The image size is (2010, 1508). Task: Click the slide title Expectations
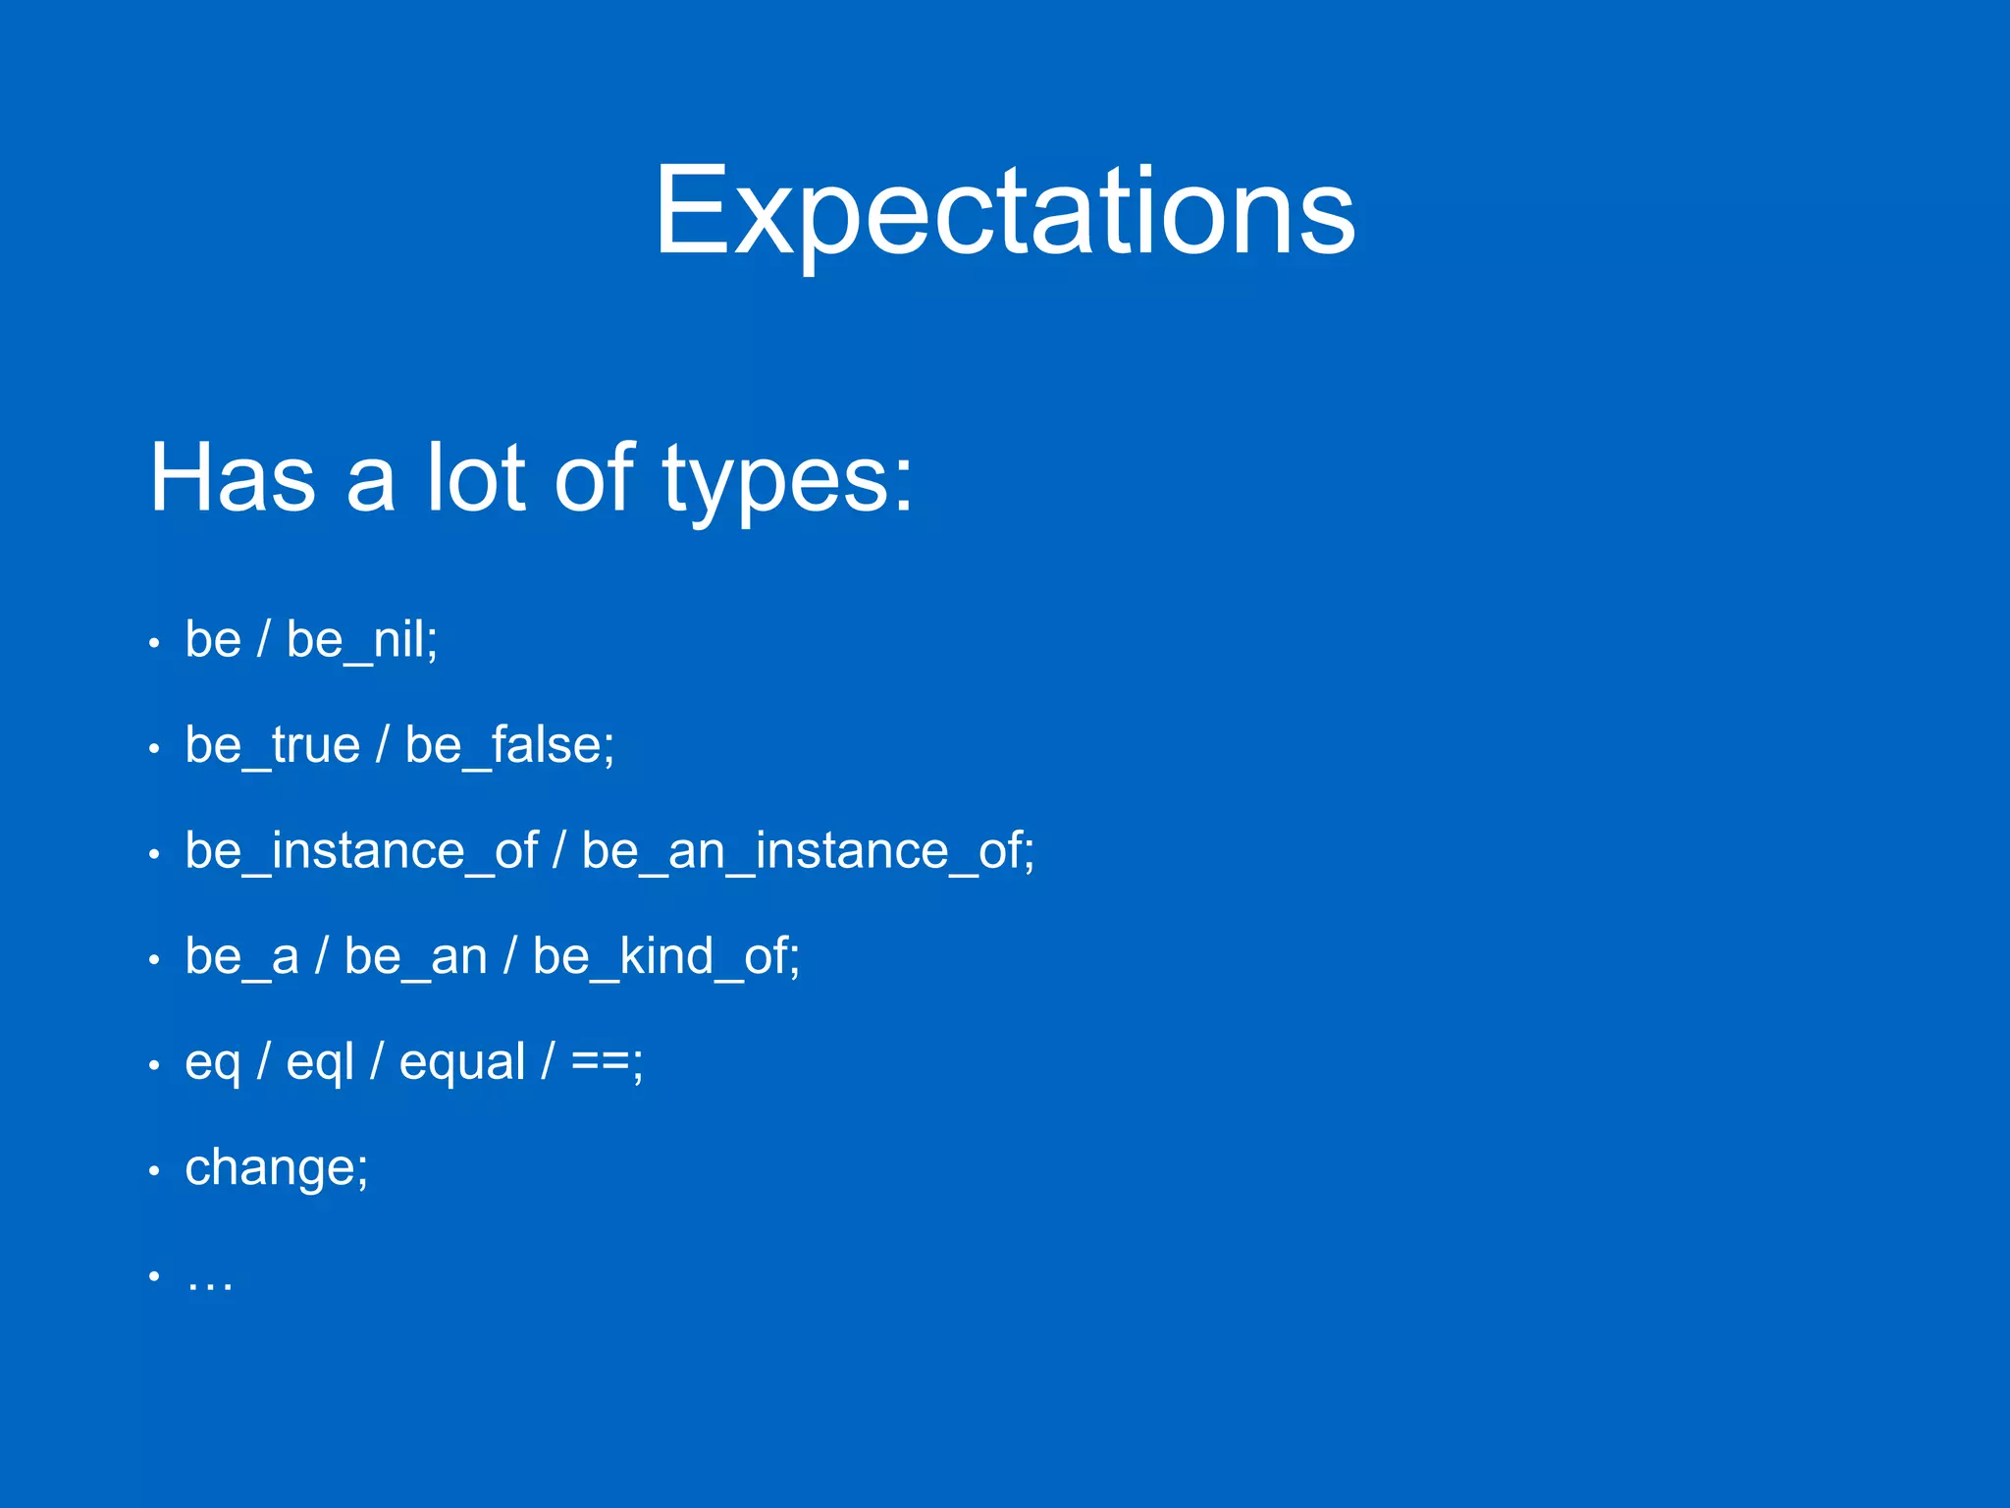(1004, 211)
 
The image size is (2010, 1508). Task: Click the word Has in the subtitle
(233, 478)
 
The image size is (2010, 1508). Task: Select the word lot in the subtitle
(475, 478)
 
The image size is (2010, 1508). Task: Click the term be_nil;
(361, 640)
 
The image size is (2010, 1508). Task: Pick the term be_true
(272, 745)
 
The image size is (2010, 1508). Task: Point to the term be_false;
(509, 745)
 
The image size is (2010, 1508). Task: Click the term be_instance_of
(360, 850)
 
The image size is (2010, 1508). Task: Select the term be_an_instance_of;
(807, 850)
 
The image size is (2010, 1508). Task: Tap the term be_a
(241, 956)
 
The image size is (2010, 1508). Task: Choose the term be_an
(415, 956)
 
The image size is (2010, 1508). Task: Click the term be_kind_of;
(665, 956)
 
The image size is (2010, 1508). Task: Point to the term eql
(319, 1063)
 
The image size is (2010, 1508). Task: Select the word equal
(461, 1062)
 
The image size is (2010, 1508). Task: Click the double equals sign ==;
(607, 1062)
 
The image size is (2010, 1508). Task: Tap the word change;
(276, 1168)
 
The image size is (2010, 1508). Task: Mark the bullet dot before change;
(154, 1170)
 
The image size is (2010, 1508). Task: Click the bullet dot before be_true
(154, 749)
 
